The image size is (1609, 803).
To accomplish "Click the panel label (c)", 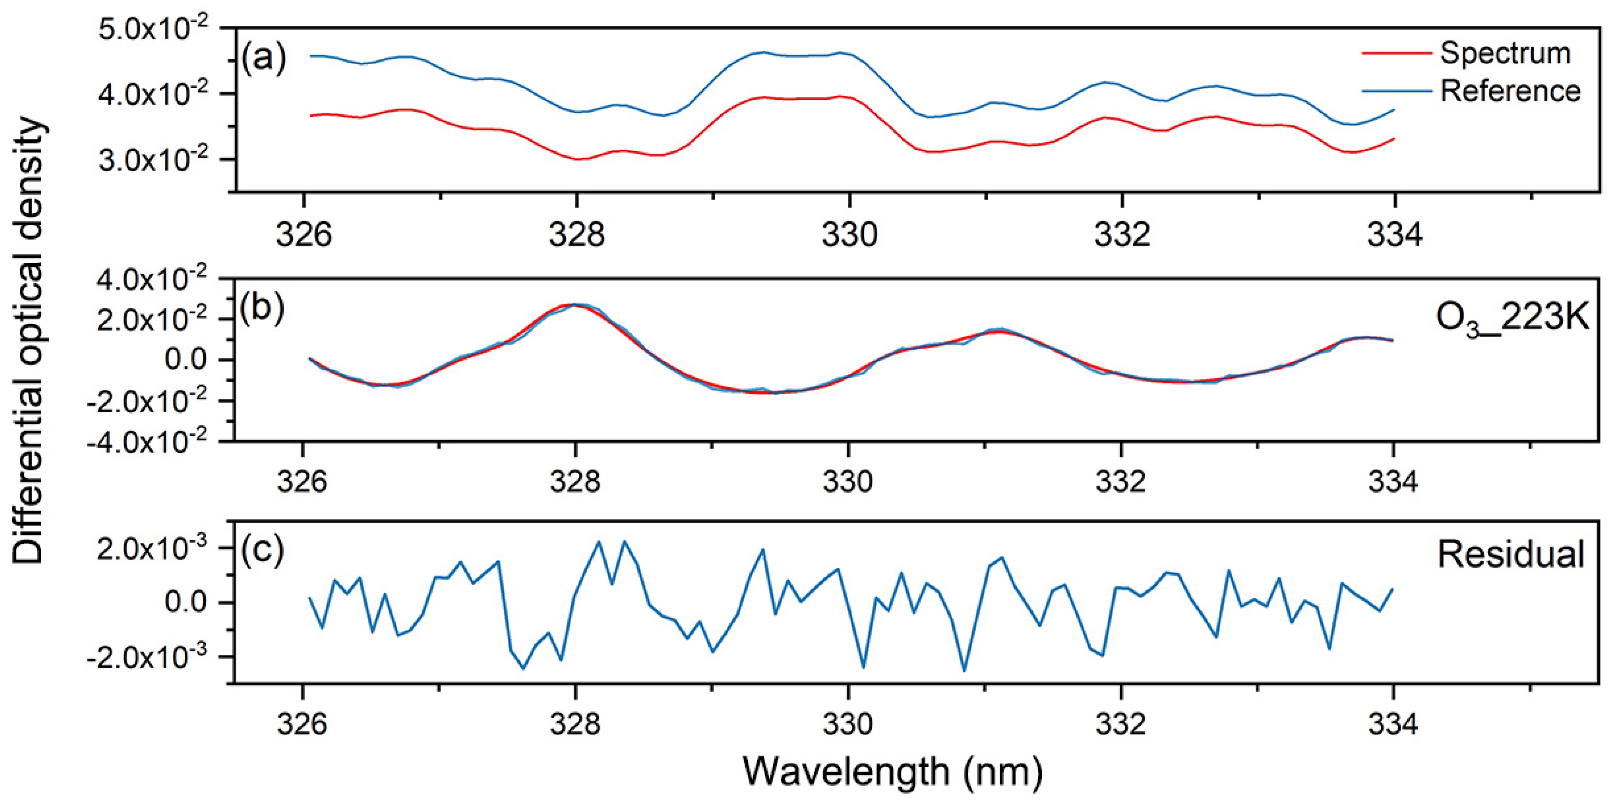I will [x=263, y=549].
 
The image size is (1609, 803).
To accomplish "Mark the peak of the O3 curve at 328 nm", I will [x=576, y=305].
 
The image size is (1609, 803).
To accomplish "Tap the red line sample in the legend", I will [x=1396, y=54].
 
